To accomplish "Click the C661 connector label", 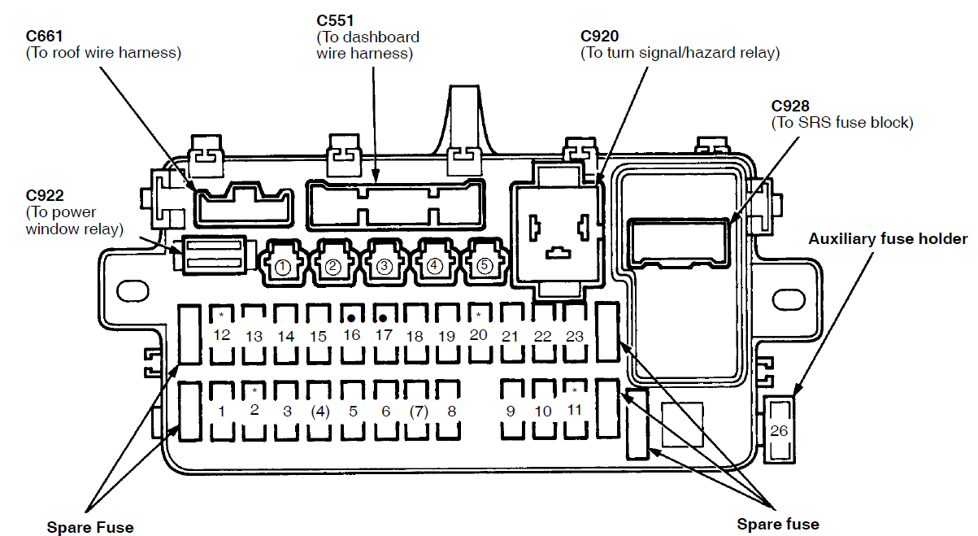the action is [44, 36].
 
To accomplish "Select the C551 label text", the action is [335, 20].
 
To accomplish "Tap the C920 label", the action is [599, 36].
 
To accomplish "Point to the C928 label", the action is [790, 106].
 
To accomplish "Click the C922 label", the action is [45, 195].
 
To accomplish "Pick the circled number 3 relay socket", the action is [385, 263].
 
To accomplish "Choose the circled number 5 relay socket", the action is [485, 263].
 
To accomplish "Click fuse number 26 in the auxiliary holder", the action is [779, 430].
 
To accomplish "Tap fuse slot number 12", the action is [221, 335].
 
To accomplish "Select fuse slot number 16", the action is [351, 335].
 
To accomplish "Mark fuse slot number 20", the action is [479, 334].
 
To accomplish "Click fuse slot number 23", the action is [575, 335].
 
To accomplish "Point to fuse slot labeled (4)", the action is [320, 411].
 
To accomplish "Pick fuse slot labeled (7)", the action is [418, 411].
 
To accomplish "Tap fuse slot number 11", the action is [575, 410].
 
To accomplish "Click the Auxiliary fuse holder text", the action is [888, 239].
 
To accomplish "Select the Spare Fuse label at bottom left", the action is [90, 527].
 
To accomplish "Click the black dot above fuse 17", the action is [383, 319].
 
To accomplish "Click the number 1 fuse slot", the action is [221, 411].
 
